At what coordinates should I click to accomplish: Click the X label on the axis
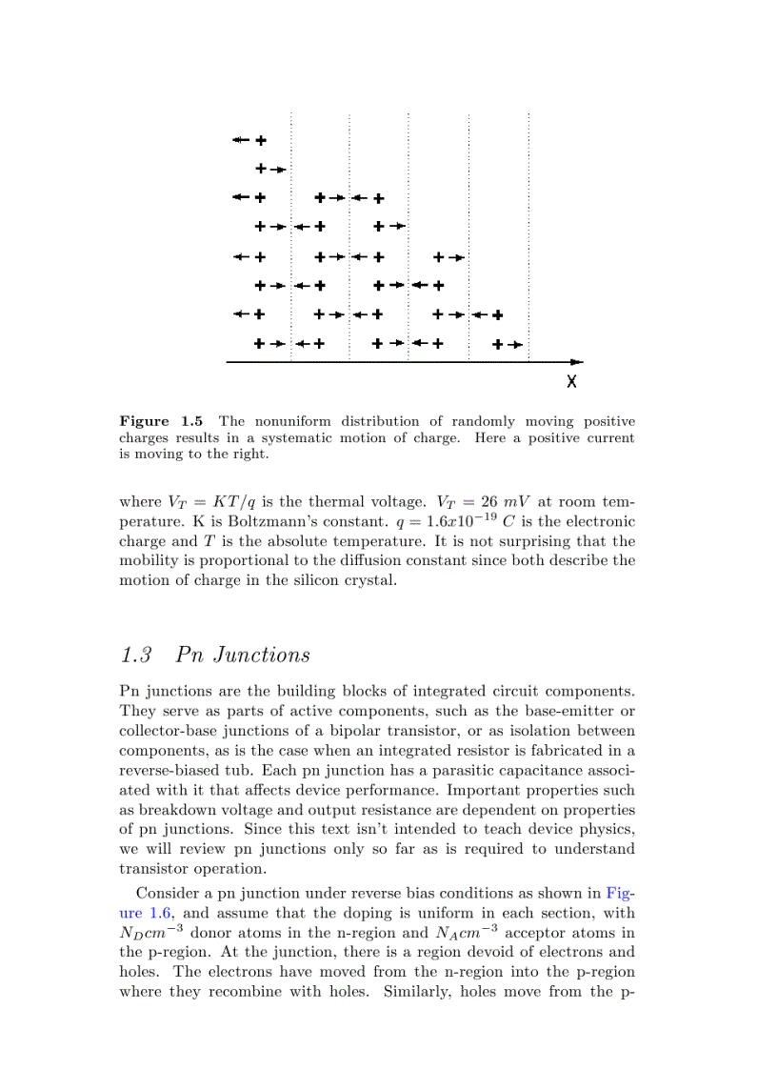tap(571, 381)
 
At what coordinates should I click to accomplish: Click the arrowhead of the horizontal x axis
tap(577, 362)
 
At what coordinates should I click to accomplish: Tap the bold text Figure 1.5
tap(160, 421)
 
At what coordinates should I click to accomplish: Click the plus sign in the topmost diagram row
tap(260, 141)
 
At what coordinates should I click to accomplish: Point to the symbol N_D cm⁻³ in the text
tap(153, 933)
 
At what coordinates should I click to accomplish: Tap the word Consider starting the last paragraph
tap(167, 894)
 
